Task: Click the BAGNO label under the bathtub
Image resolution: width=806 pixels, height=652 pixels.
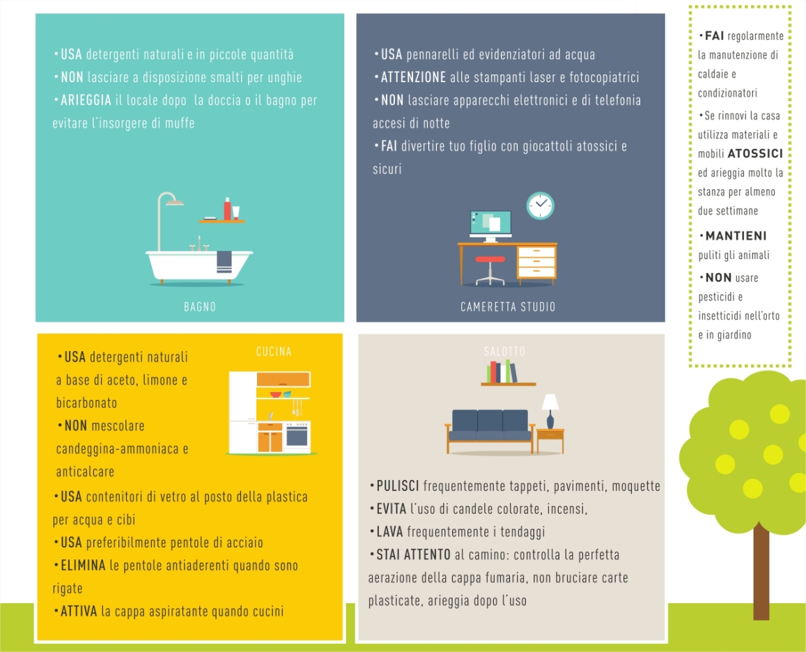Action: click(x=199, y=307)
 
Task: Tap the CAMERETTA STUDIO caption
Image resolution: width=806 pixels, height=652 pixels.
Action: click(x=508, y=307)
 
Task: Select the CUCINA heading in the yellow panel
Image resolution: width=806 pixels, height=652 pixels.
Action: click(x=274, y=352)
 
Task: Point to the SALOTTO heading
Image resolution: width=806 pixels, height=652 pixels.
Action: click(x=504, y=352)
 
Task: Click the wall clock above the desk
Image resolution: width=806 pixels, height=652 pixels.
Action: click(x=541, y=205)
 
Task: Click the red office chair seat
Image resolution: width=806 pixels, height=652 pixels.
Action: click(x=490, y=259)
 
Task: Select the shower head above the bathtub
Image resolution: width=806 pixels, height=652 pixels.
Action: click(x=175, y=203)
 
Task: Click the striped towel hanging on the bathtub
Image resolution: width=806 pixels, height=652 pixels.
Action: click(x=224, y=262)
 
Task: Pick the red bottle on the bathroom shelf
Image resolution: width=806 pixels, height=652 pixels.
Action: click(x=227, y=209)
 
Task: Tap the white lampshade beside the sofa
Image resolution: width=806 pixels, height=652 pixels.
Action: click(x=550, y=402)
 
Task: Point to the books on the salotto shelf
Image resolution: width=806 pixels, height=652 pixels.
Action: click(x=502, y=371)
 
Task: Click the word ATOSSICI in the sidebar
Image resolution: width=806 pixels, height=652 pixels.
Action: click(x=755, y=153)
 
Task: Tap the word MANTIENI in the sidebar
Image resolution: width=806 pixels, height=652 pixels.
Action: click(x=736, y=236)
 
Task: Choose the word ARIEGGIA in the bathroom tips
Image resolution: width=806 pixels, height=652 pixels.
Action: click(x=86, y=100)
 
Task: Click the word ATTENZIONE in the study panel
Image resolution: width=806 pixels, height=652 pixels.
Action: click(x=413, y=77)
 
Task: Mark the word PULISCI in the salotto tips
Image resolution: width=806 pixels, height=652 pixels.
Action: click(x=398, y=486)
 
